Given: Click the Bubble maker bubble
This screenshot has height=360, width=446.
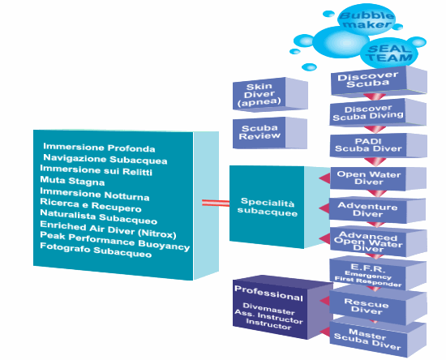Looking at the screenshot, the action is pyautogui.click(x=367, y=19).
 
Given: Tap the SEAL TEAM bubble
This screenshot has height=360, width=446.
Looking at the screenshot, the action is pyautogui.click(x=388, y=54).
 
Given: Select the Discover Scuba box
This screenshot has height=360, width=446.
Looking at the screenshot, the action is pyautogui.click(x=379, y=80).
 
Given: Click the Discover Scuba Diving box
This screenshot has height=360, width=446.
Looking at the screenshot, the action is pyautogui.click(x=378, y=113).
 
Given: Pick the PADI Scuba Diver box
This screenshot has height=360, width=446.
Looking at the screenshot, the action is pyautogui.click(x=379, y=146).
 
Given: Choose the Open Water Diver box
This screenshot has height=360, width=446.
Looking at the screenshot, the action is pyautogui.click(x=379, y=178).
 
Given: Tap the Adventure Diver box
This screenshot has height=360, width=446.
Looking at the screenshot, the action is pyautogui.click(x=377, y=209).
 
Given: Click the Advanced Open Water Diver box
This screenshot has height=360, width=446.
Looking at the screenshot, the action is pyautogui.click(x=379, y=242).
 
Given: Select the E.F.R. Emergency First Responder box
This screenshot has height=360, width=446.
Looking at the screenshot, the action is pyautogui.click(x=378, y=274).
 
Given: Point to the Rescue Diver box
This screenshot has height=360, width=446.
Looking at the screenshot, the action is pyautogui.click(x=378, y=306).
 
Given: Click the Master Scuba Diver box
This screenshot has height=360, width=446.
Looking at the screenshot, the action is pyautogui.click(x=378, y=337).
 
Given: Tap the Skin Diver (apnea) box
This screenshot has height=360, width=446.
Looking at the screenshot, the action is pyautogui.click(x=270, y=94).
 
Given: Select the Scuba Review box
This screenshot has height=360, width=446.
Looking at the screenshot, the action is pyautogui.click(x=270, y=133).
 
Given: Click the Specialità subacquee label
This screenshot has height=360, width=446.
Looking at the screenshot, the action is pyautogui.click(x=268, y=207).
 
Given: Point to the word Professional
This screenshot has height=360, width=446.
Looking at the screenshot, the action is pyautogui.click(x=268, y=294).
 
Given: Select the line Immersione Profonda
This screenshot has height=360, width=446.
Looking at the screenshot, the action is pyautogui.click(x=99, y=148).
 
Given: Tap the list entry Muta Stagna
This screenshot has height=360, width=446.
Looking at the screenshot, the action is pyautogui.click(x=72, y=181).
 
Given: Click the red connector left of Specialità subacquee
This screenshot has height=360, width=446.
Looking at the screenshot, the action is pyautogui.click(x=216, y=203).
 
